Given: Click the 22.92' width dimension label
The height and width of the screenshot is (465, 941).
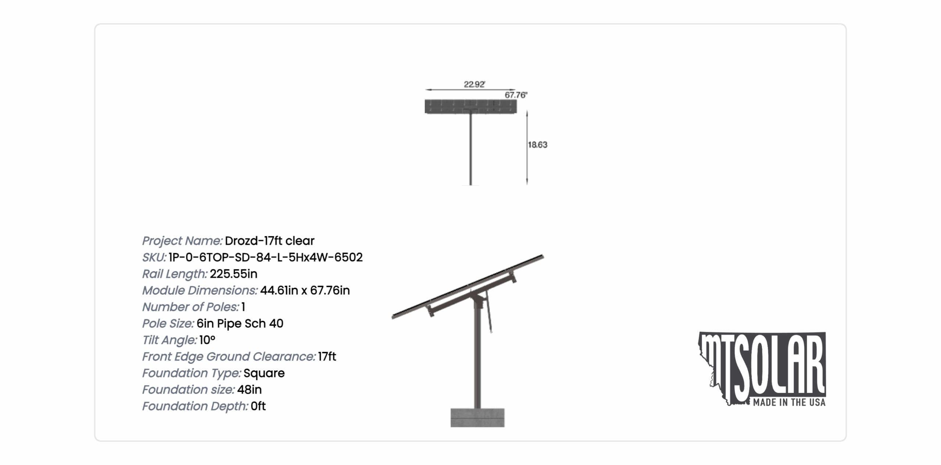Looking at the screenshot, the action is (x=474, y=84).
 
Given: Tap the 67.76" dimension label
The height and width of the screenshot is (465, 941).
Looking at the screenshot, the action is (x=516, y=95).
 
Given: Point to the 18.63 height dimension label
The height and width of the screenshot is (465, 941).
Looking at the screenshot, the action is (x=537, y=145).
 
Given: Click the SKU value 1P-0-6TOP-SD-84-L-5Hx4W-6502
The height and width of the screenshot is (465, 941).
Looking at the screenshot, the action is (x=266, y=257).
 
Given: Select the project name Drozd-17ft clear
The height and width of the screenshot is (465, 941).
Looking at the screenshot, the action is (x=269, y=241).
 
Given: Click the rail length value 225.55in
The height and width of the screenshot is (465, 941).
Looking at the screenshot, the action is (x=233, y=274).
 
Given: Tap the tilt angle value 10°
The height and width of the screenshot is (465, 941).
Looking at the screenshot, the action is (x=207, y=340).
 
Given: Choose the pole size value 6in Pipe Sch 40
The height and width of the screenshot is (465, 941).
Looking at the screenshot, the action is (x=240, y=323).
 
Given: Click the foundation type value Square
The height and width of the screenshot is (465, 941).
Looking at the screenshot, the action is (x=264, y=373).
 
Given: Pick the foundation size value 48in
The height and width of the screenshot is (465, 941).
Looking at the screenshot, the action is (x=249, y=390).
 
